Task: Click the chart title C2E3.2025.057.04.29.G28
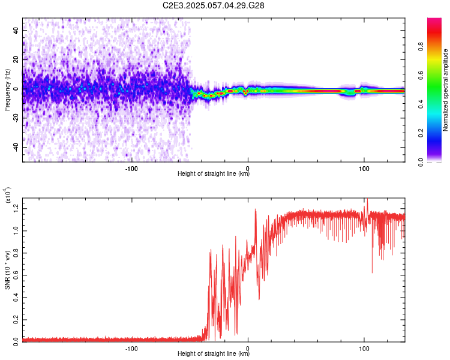point(214,5)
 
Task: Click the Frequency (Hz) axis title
point(7,89)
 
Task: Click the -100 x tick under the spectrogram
point(131,167)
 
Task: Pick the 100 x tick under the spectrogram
point(364,167)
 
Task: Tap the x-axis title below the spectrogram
point(214,174)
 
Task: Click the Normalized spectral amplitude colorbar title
point(446,90)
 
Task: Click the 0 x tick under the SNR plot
point(248,347)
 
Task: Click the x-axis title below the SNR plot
point(214,354)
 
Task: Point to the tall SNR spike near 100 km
point(367,202)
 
